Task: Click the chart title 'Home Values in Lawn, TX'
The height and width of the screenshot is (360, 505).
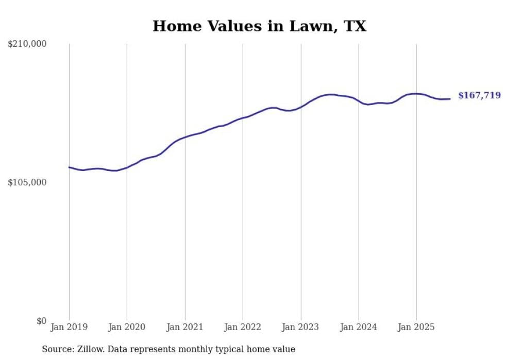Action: [259, 26]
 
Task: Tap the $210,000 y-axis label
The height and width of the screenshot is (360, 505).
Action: [27, 44]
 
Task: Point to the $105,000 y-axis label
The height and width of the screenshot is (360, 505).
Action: [27, 182]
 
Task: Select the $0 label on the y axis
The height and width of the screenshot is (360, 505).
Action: [41, 321]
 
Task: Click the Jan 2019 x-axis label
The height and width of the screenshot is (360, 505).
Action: [69, 327]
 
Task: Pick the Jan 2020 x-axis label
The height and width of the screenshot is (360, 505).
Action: [127, 327]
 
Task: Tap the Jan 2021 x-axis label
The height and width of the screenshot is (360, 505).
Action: [185, 327]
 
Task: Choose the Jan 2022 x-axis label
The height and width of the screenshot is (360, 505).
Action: [243, 327]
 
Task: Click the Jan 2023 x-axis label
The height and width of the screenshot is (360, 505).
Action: [301, 327]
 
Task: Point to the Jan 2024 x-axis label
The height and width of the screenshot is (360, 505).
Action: [359, 327]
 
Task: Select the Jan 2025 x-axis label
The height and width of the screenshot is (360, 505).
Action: [416, 327]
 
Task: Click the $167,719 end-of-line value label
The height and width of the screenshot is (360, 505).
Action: [479, 95]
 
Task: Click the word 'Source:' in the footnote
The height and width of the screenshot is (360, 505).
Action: [57, 349]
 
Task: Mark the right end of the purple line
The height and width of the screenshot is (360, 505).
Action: [450, 99]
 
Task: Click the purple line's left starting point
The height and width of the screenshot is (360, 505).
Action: [69, 167]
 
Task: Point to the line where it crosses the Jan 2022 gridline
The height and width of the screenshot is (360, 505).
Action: [243, 118]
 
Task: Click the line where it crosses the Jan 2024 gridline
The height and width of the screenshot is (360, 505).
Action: [359, 101]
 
